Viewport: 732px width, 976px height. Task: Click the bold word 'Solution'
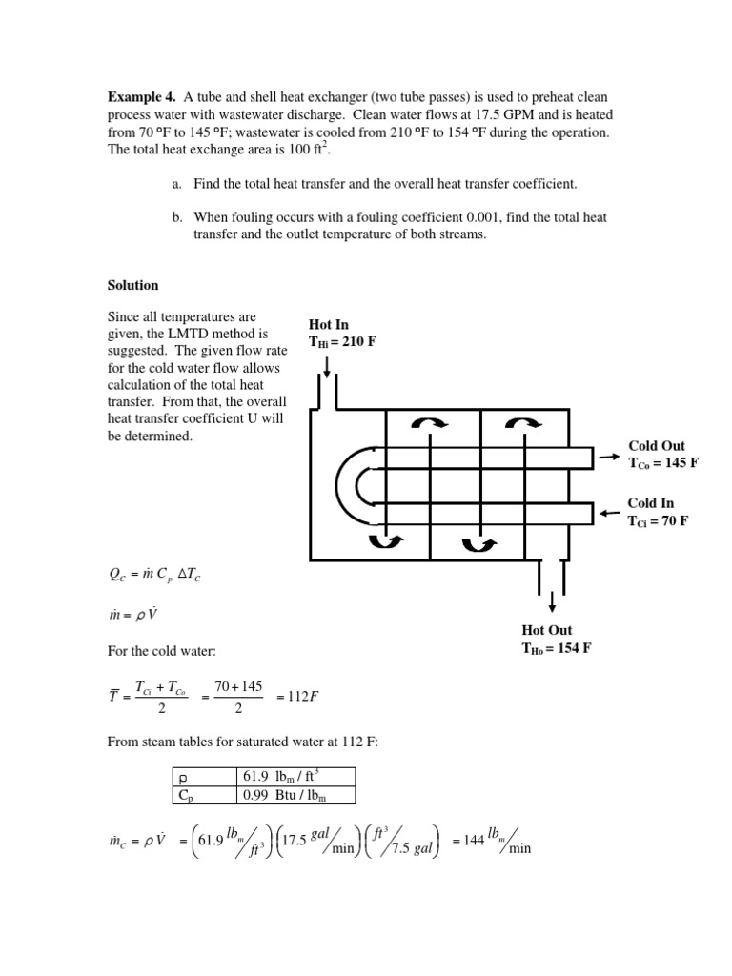tap(132, 285)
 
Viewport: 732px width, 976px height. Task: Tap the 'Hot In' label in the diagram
tap(329, 325)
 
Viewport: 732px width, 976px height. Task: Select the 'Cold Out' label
tap(657, 445)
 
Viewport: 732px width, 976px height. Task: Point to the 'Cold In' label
tap(651, 502)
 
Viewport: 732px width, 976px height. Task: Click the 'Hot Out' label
tap(547, 630)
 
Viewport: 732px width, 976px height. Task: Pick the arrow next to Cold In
tap(607, 514)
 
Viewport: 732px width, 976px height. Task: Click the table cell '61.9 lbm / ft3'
tap(283, 776)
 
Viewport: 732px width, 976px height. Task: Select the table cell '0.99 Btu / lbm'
tap(281, 795)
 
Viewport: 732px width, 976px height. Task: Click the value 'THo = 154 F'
tap(557, 648)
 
